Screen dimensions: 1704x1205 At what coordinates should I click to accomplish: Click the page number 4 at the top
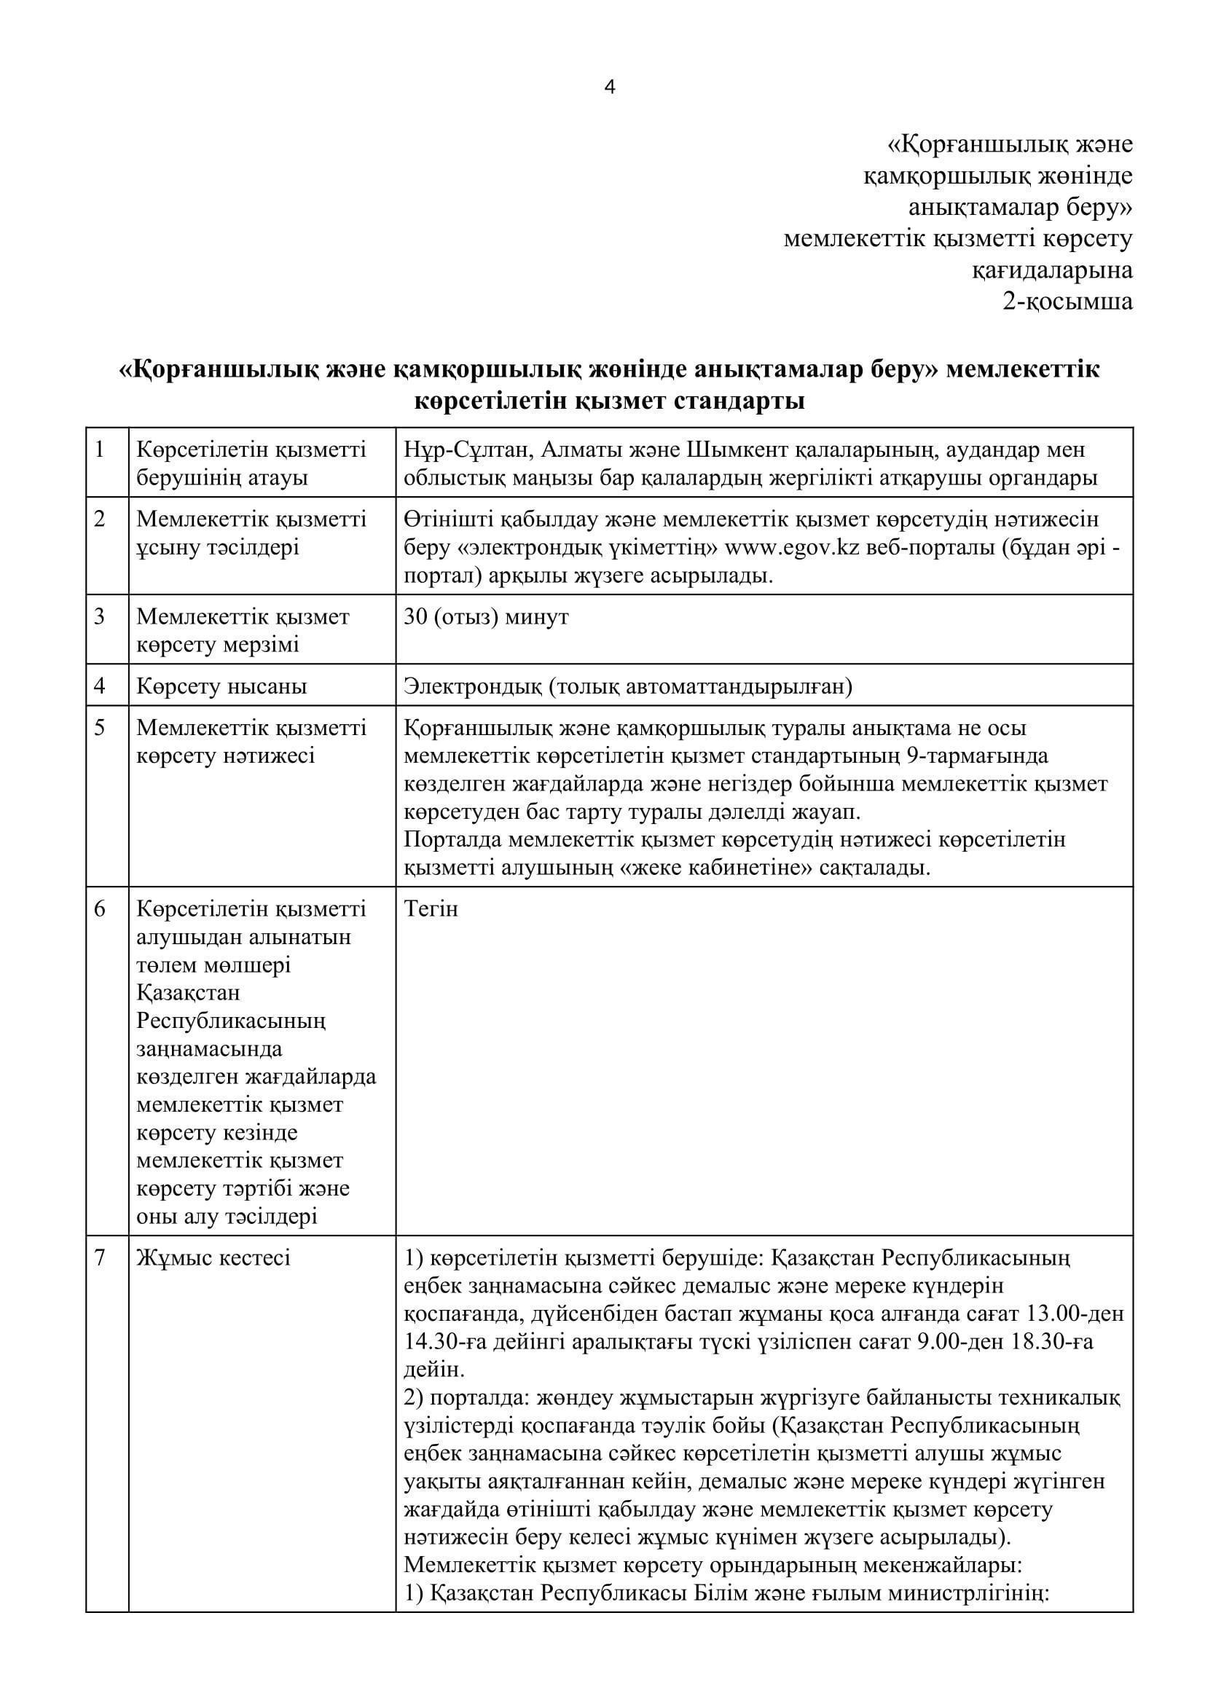tap(610, 87)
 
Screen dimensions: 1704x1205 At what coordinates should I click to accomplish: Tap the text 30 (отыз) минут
tap(486, 617)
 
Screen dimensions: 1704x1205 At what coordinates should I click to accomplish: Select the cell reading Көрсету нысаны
tap(221, 686)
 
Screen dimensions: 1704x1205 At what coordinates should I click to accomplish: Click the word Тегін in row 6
tap(431, 908)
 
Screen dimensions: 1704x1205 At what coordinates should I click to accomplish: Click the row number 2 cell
tap(100, 519)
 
